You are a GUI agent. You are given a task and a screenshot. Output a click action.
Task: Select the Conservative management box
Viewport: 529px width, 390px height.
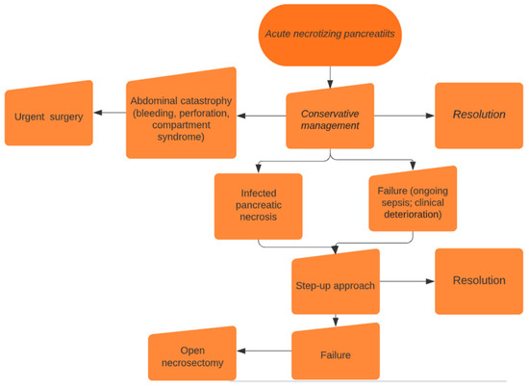329,117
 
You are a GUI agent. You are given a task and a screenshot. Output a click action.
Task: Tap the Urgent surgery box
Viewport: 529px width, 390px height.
48,117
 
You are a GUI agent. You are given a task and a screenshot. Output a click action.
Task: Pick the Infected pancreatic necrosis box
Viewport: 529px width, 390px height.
258,205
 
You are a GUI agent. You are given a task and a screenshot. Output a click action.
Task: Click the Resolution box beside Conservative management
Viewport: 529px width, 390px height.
478,115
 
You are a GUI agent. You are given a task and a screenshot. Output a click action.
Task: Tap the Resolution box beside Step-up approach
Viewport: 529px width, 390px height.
478,280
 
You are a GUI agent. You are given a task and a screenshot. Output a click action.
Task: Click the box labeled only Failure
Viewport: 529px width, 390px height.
336,353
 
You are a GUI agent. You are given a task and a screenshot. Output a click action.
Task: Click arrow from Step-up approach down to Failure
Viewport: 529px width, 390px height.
335,319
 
